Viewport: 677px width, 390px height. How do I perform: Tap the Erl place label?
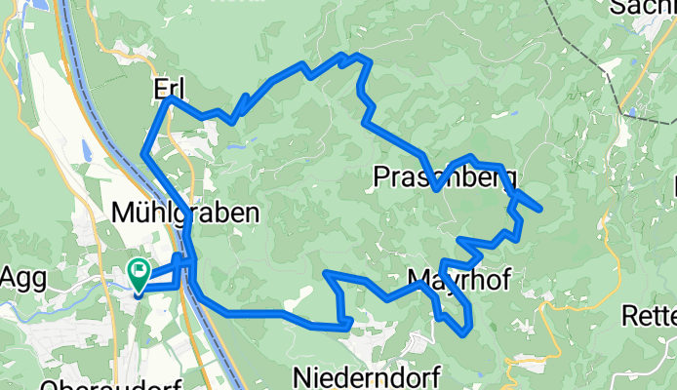(169, 88)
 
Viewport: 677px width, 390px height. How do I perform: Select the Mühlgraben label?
(185, 212)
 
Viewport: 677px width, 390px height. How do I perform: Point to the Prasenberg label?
(445, 176)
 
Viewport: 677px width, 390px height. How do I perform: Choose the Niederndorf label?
(367, 375)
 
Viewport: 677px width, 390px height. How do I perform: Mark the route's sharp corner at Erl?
(170, 98)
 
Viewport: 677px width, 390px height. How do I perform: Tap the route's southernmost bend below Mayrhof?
(462, 332)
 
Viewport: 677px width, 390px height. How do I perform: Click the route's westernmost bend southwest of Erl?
(143, 153)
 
